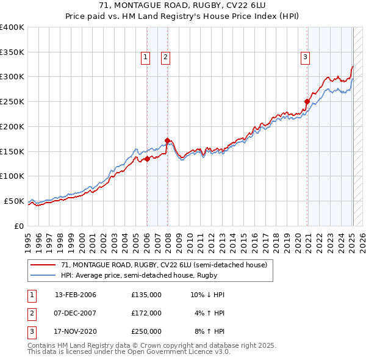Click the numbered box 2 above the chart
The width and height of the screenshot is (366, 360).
coord(165,58)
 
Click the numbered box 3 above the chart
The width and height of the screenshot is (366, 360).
coord(305,58)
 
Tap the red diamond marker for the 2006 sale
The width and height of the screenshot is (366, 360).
coord(147,159)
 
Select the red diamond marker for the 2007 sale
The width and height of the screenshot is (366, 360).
coord(167,140)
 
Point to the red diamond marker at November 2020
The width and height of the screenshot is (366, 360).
coord(307,101)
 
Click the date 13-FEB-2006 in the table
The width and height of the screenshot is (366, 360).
coord(76,295)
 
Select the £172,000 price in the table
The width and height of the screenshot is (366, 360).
coord(146,313)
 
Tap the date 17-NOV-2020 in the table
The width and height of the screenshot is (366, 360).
coord(76,332)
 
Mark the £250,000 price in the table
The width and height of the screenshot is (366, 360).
coord(146,332)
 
